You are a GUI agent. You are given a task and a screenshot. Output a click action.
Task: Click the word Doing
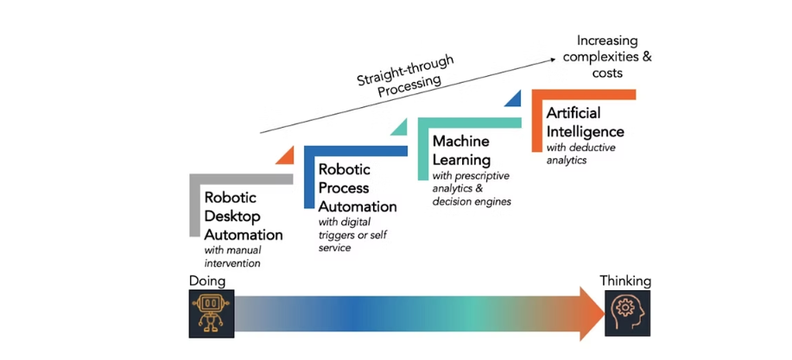click(x=207, y=281)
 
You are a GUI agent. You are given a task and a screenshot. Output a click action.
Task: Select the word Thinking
click(x=626, y=281)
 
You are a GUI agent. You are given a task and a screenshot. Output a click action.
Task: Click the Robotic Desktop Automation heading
click(x=243, y=215)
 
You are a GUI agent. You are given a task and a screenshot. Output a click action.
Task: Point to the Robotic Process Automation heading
click(x=357, y=187)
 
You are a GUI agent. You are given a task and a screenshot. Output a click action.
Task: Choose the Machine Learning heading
click(x=462, y=150)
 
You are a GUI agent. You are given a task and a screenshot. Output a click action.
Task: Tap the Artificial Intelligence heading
click(x=585, y=122)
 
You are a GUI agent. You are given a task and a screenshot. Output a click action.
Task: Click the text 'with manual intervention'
click(x=232, y=256)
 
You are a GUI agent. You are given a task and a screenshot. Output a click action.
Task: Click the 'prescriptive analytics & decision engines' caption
click(x=472, y=188)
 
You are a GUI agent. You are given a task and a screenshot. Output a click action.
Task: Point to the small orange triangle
click(x=286, y=155)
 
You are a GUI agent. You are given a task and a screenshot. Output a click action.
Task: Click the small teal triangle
click(x=399, y=127)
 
